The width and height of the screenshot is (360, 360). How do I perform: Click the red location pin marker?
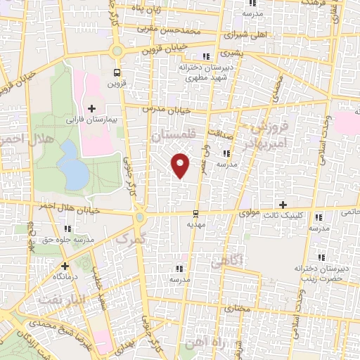(181, 165)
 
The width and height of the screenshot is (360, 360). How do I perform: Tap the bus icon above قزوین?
(117, 72)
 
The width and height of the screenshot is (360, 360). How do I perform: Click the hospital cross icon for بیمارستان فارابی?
(92, 108)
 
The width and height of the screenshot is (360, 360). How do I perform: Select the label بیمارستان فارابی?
(96, 120)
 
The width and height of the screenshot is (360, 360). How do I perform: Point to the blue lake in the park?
(71, 163)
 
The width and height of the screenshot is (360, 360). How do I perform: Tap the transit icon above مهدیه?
(195, 214)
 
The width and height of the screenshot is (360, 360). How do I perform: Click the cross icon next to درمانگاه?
(65, 266)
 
